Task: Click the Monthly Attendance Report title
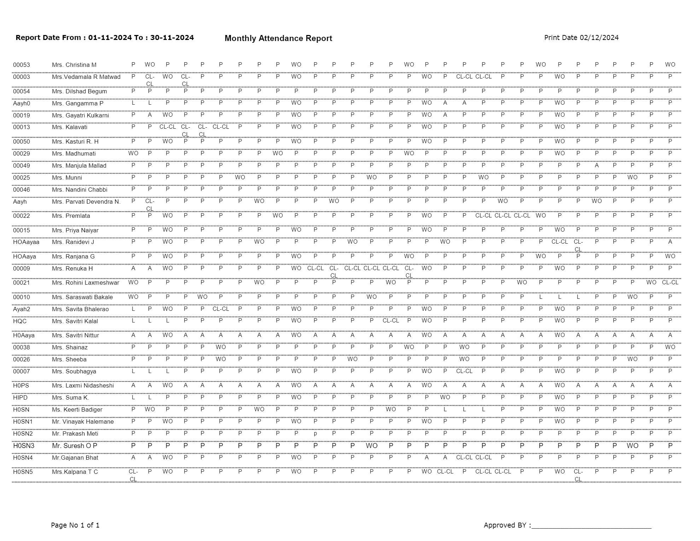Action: pos(278,38)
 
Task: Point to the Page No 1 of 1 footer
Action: pos(75,525)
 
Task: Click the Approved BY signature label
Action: pos(507,525)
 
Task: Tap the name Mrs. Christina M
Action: pos(74,65)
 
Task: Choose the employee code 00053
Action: pos(22,65)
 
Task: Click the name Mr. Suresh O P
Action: pos(75,446)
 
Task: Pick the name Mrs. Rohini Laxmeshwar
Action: pos(86,283)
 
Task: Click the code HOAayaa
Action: pos(26,242)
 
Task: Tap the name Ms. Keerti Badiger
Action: pos(77,409)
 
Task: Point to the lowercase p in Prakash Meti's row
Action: pos(315,434)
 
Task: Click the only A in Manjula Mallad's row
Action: pos(597,165)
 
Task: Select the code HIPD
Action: pos(20,397)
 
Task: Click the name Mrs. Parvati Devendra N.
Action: pos(86,202)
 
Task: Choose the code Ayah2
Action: pos(22,309)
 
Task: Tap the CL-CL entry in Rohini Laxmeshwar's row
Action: pos(670,282)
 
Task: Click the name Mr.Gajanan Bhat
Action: pos(75,458)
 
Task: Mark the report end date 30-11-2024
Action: pos(172,38)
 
